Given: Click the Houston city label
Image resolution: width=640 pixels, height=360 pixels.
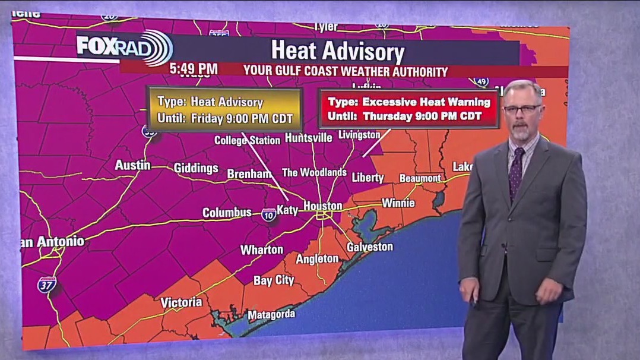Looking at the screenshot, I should (x=323, y=206).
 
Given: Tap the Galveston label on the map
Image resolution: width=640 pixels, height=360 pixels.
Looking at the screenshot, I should (x=370, y=247).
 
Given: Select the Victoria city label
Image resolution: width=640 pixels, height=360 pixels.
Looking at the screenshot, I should (x=181, y=302).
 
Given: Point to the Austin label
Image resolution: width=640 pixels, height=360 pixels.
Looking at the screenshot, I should (x=132, y=165).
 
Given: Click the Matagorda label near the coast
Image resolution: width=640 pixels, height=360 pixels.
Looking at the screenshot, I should (x=271, y=315).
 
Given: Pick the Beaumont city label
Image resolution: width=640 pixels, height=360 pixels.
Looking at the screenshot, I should (x=420, y=178).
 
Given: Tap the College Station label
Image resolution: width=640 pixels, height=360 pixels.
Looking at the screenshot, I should (x=247, y=141).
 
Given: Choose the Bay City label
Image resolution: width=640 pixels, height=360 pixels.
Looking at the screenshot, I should (x=274, y=280).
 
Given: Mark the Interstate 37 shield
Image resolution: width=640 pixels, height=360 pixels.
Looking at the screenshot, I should (x=47, y=285).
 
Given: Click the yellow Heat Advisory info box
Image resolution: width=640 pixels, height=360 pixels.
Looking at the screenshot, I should (x=225, y=110).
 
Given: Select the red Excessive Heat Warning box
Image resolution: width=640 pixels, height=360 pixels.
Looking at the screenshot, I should (x=408, y=109).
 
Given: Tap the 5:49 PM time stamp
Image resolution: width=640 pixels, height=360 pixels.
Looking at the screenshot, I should (x=194, y=69).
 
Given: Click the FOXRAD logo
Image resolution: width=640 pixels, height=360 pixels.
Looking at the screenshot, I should (x=124, y=47).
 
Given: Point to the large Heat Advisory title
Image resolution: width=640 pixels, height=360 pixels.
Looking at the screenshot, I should (x=337, y=51).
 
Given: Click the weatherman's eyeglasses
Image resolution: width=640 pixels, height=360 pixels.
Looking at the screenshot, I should (x=522, y=109).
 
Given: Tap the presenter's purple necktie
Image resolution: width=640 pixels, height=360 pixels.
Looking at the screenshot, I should (x=516, y=173).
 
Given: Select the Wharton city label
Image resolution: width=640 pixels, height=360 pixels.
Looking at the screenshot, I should (x=261, y=250).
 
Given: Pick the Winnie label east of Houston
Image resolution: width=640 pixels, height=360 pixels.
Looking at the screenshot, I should (x=398, y=203).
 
